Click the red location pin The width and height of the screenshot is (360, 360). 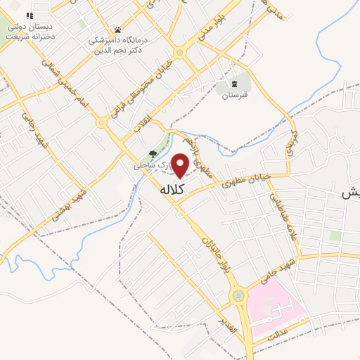coord(180,165)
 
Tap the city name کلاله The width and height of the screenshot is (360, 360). coord(172,190)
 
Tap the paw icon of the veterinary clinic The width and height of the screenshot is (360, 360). coord(117,30)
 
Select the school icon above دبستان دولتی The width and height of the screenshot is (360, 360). coord(30,15)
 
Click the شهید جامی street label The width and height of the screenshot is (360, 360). coord(266,271)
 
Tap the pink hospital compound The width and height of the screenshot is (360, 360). coord(274,306)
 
